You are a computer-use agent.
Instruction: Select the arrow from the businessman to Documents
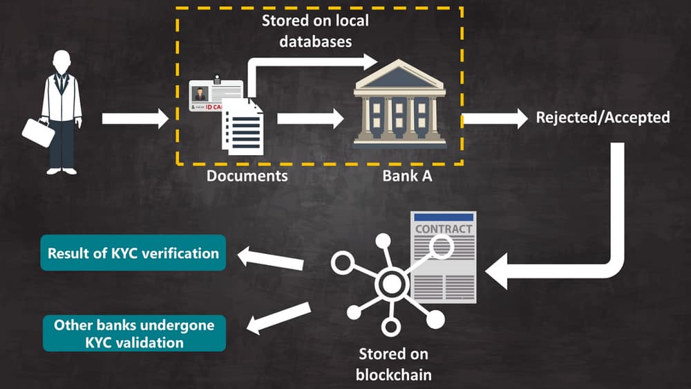(x=135, y=118)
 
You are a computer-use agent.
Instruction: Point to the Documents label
(x=247, y=176)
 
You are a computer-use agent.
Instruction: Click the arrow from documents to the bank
(x=310, y=118)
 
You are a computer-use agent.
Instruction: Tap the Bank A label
(x=407, y=176)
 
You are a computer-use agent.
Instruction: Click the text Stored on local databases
(x=315, y=31)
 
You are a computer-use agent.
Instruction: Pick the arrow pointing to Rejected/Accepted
(x=495, y=118)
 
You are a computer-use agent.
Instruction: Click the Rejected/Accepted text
(x=603, y=117)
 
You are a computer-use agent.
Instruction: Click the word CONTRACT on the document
(x=444, y=228)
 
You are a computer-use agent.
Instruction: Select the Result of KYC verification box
(x=133, y=253)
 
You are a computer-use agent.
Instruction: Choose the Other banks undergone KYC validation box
(x=134, y=333)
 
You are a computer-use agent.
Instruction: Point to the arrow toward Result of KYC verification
(x=271, y=259)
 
